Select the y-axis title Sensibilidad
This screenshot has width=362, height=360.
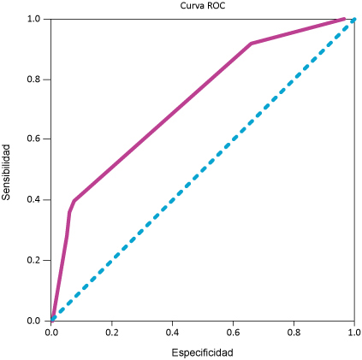click(x=7, y=172)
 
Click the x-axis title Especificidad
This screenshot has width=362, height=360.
click(x=202, y=351)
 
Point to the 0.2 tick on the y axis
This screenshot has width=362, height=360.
click(x=35, y=260)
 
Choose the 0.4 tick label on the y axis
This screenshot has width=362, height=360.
click(x=35, y=199)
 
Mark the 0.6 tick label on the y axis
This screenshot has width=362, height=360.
click(x=35, y=139)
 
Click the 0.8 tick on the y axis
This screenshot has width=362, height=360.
click(x=35, y=79)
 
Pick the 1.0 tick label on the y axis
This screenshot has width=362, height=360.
click(x=35, y=19)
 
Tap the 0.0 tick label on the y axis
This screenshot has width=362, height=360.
click(x=35, y=321)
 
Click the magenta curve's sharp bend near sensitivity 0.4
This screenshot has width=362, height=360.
click(x=74, y=201)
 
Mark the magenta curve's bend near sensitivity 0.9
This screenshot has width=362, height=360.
click(x=251, y=44)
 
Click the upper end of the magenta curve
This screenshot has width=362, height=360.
click(x=343, y=19)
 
